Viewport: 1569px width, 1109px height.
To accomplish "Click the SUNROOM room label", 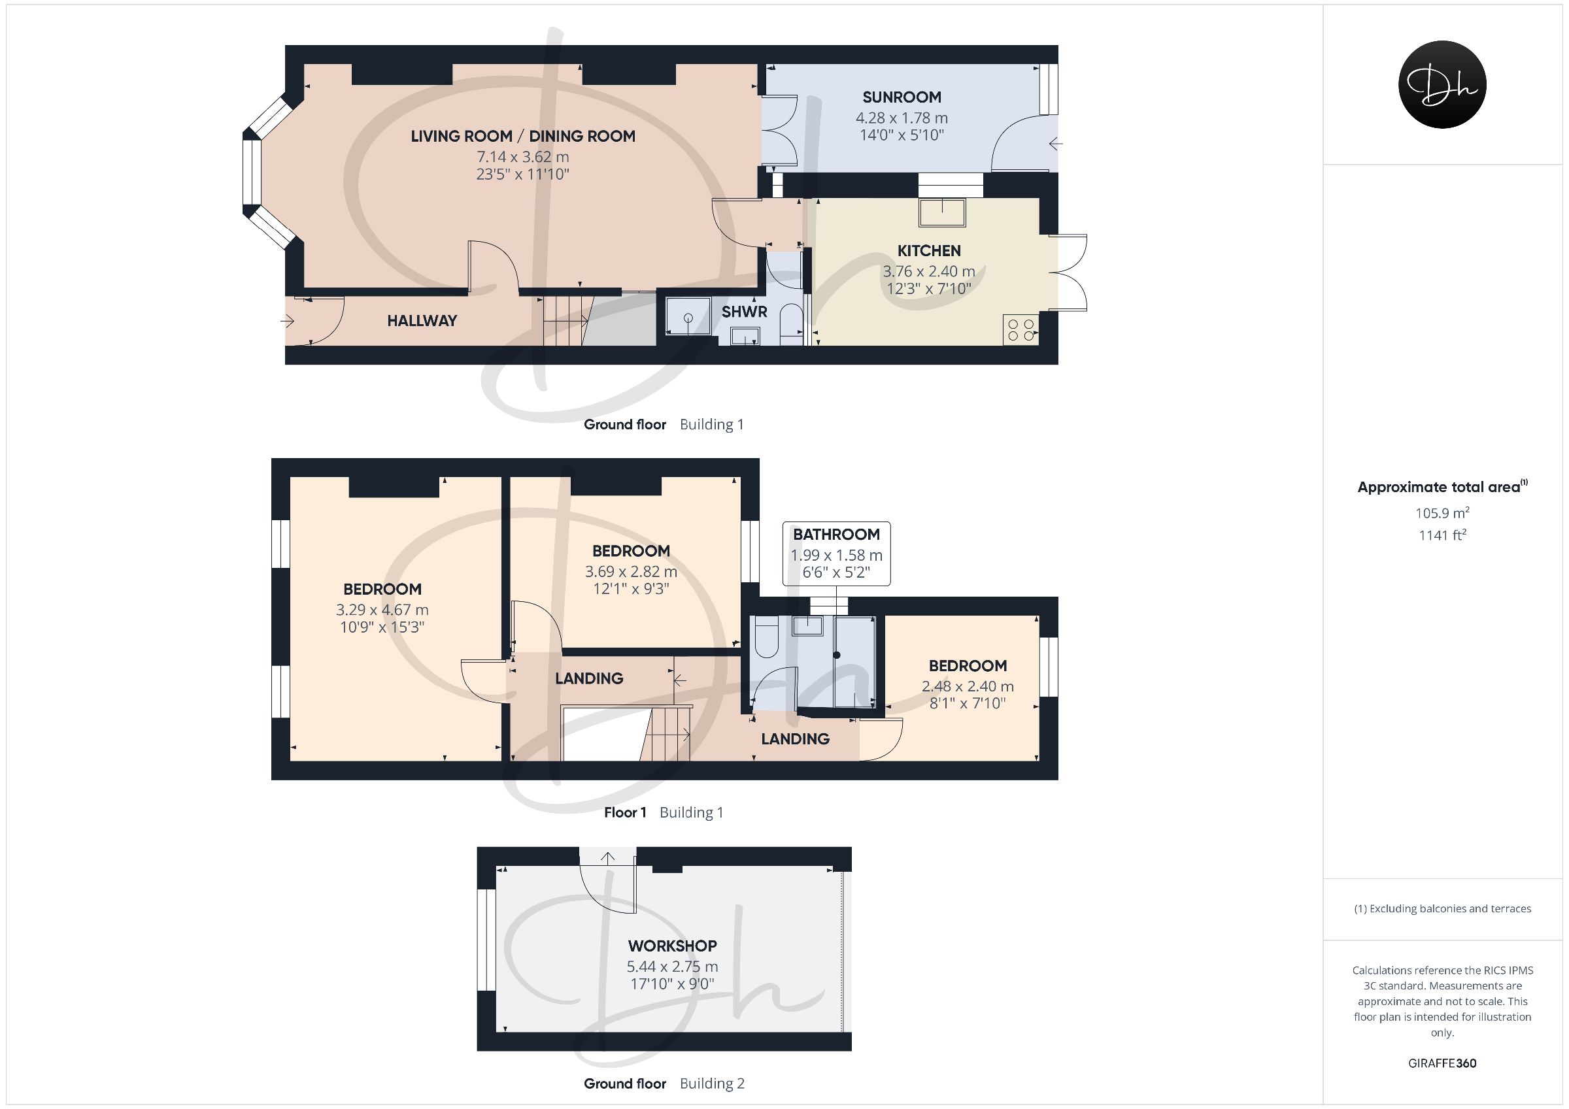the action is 902,97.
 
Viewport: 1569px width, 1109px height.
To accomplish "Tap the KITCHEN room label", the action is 929,251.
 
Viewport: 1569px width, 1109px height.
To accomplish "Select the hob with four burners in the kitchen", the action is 1021,329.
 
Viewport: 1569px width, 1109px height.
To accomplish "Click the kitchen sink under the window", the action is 942,212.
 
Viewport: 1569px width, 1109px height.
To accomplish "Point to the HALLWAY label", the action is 422,320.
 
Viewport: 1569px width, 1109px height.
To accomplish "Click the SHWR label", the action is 744,312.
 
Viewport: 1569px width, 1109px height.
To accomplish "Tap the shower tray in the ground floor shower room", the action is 688,316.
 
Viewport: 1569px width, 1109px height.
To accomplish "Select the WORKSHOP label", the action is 673,946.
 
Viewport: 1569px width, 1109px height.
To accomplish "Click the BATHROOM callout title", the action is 835,535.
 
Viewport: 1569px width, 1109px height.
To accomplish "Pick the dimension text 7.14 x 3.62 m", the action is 523,156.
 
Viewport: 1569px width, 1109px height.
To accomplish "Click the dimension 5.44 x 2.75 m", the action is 673,966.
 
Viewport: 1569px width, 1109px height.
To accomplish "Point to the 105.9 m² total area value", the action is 1442,512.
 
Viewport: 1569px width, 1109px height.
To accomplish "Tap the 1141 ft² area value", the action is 1442,535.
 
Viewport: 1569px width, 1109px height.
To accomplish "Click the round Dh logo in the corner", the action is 1442,84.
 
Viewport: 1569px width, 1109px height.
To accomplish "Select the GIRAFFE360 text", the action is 1442,1063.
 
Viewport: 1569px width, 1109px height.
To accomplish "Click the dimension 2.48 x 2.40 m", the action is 968,686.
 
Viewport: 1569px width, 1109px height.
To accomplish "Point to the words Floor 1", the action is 624,812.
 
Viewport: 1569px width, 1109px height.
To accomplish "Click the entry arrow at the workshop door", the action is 607,858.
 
